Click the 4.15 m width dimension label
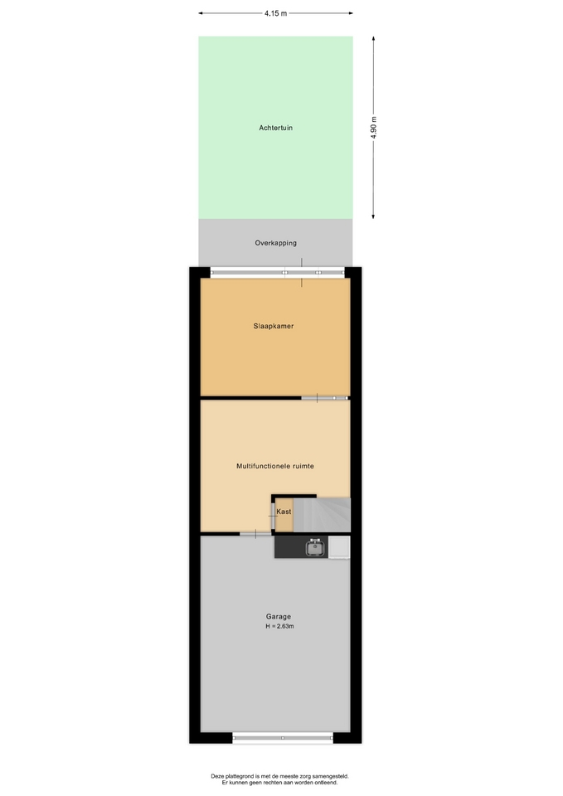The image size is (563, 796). click(275, 14)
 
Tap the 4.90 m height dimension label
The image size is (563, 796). click(374, 128)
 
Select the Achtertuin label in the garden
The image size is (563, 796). click(275, 128)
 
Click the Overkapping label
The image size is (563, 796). click(275, 243)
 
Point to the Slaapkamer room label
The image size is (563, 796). click(274, 326)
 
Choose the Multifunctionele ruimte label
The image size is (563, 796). click(275, 466)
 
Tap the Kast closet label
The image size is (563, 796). click(284, 512)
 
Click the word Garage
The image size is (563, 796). click(279, 617)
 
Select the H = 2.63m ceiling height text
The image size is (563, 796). click(279, 627)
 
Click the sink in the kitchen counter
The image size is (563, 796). click(315, 547)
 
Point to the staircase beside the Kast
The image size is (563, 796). click(322, 515)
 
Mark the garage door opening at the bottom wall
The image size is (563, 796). click(283, 738)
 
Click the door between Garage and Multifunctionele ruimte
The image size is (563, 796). click(255, 534)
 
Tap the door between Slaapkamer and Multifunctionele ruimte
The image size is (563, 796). click(325, 398)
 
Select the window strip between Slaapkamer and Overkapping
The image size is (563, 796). click(277, 273)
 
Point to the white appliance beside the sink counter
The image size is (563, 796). click(339, 547)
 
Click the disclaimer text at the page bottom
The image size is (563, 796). click(279, 779)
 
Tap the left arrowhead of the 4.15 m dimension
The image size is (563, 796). click(201, 13)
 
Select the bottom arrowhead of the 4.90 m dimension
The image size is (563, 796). click(374, 216)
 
